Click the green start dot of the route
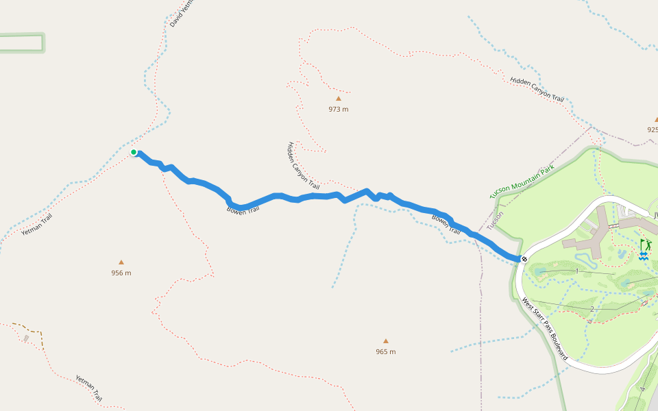click(134, 152)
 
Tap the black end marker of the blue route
click(524, 258)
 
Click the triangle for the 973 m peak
click(338, 98)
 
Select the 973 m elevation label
click(338, 109)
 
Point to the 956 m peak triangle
click(121, 262)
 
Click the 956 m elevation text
click(121, 273)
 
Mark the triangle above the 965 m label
click(385, 340)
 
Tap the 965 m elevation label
click(385, 351)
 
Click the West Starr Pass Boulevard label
click(545, 329)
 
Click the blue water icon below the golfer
click(644, 256)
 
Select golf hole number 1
click(577, 271)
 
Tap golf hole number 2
click(592, 309)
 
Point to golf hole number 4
click(642, 389)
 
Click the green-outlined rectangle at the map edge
click(22, 42)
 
